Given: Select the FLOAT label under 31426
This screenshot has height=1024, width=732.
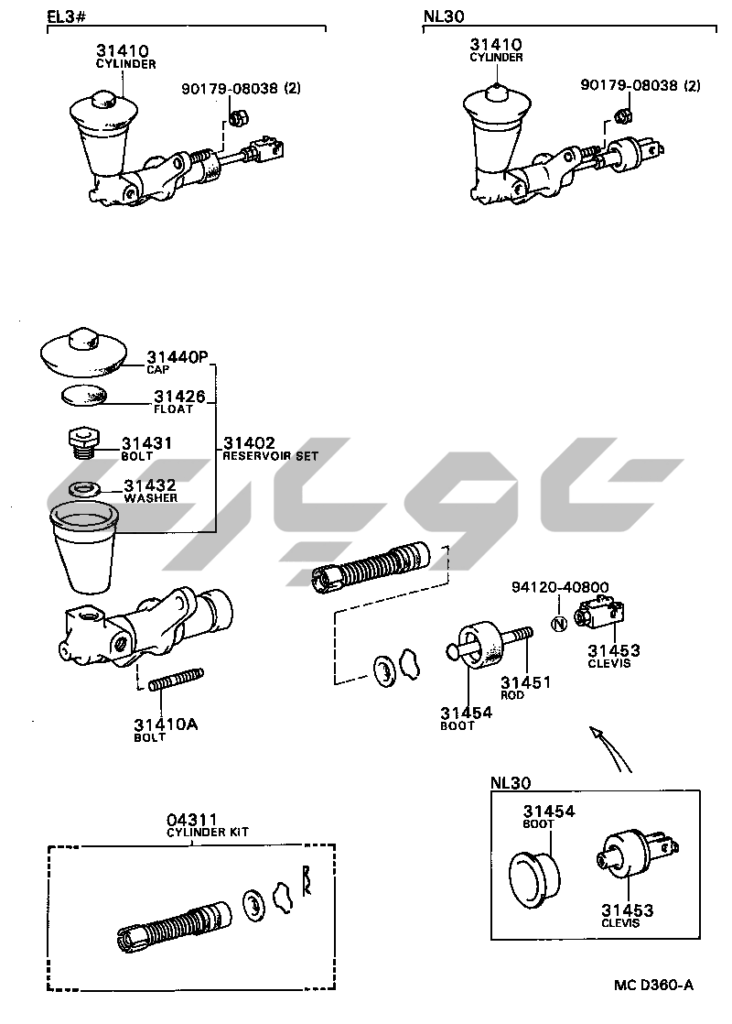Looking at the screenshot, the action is [x=172, y=409].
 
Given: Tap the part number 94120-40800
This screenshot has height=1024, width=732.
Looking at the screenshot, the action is [x=560, y=587].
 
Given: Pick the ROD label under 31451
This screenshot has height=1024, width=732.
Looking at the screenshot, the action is [x=512, y=695].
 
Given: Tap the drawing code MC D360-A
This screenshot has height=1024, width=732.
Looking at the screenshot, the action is [x=653, y=986].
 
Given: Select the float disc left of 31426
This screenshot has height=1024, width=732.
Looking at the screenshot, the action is [x=83, y=397].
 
